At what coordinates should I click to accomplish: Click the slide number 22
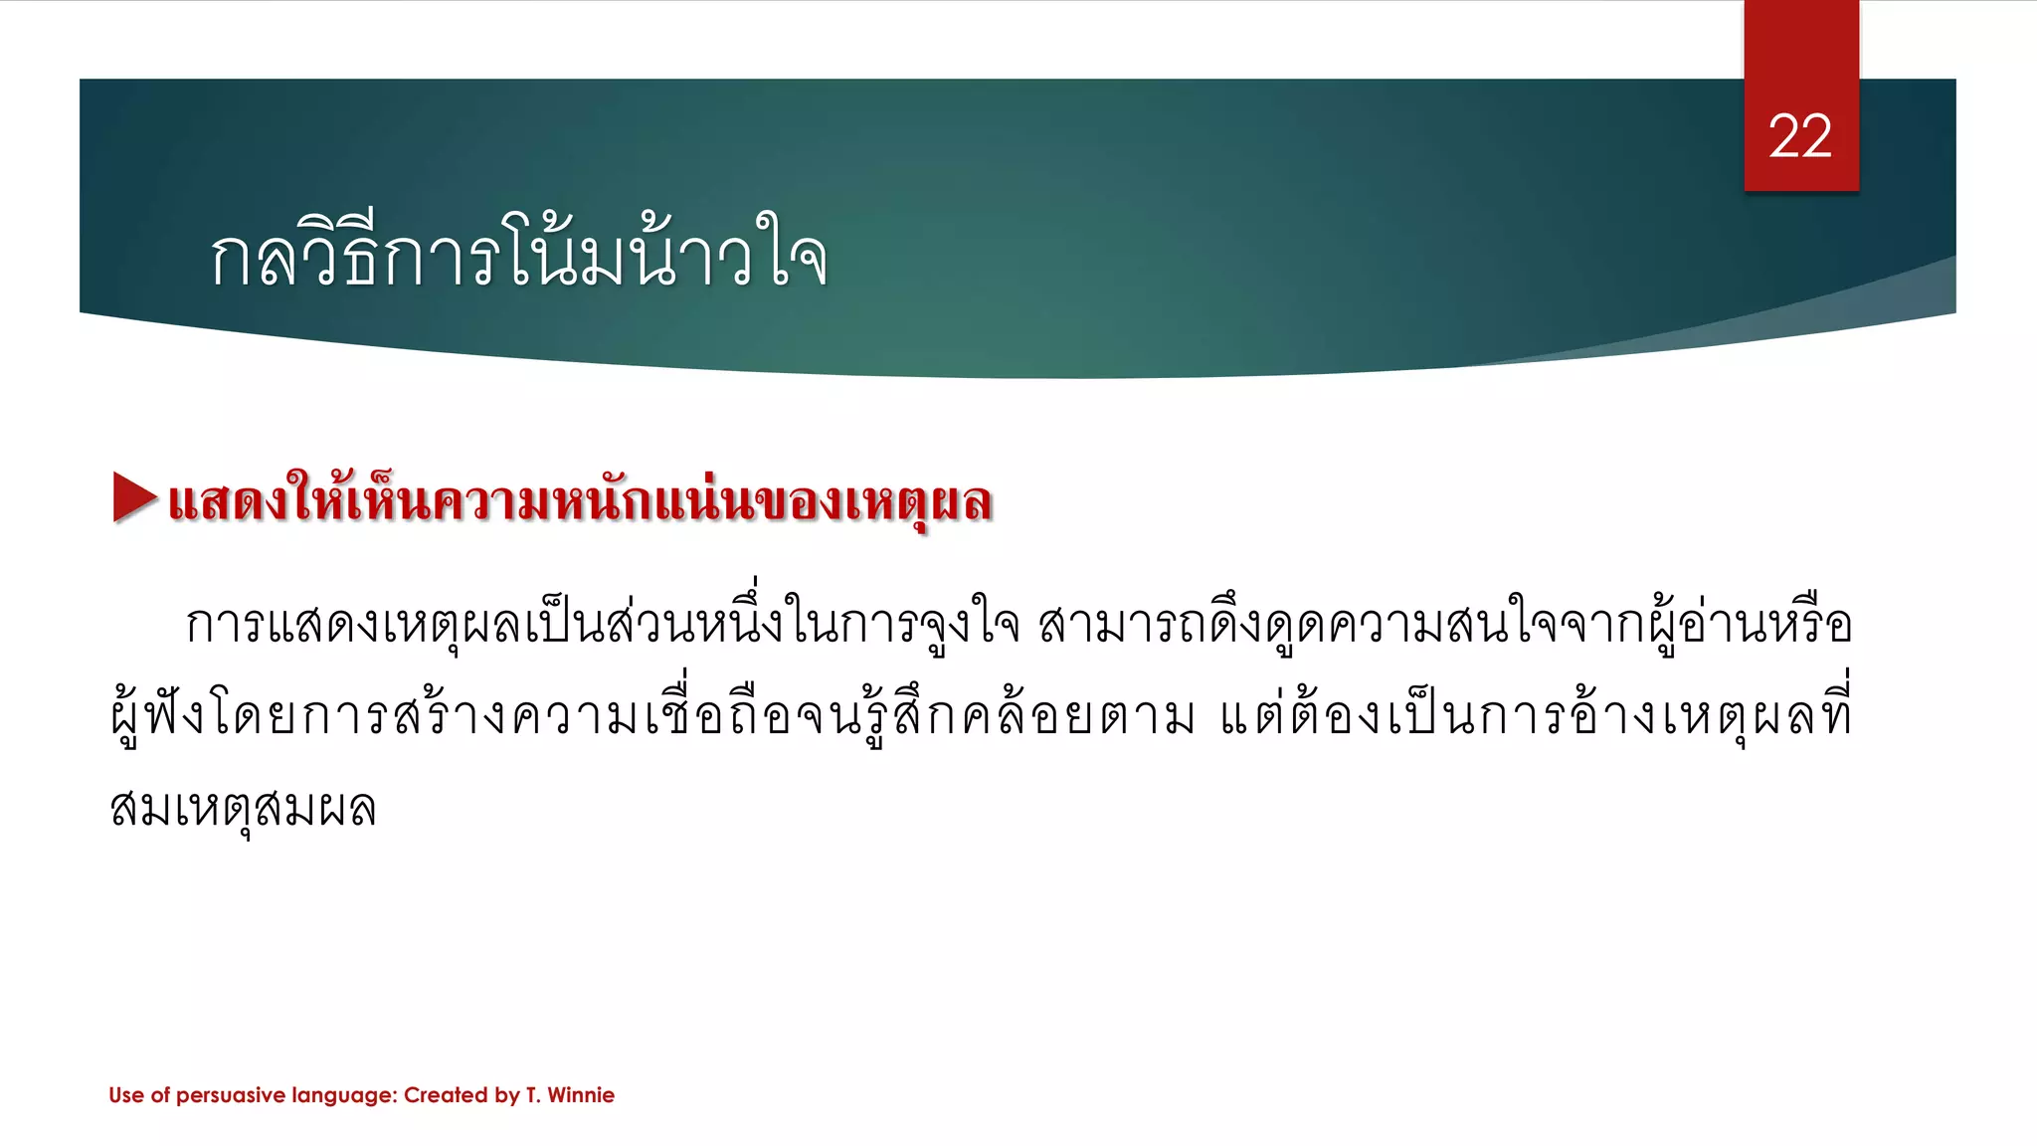point(1800,136)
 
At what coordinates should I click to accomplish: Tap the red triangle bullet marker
point(134,496)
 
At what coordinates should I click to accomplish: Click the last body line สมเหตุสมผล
point(243,808)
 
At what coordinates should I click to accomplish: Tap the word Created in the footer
point(446,1095)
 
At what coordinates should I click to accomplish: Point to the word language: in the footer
point(344,1095)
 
